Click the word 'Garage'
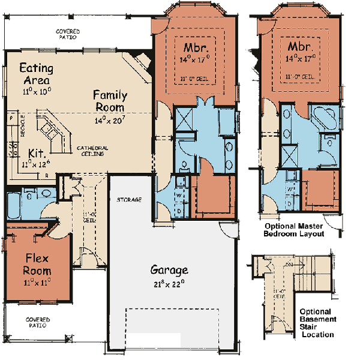pyautogui.click(x=169, y=269)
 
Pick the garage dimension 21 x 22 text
pyautogui.click(x=169, y=281)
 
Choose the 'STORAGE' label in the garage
pyautogui.click(x=129, y=199)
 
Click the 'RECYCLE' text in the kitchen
pyautogui.click(x=23, y=124)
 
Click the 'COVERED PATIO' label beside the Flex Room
pyautogui.click(x=38, y=322)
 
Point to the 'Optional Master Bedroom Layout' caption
pyautogui.click(x=295, y=230)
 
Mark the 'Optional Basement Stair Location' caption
pyautogui.click(x=318, y=323)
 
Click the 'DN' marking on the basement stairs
pyautogui.click(x=289, y=263)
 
